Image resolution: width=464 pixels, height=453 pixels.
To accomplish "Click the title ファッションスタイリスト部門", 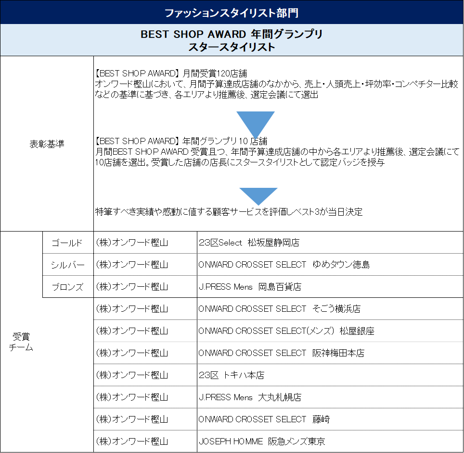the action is pyautogui.click(x=232, y=13).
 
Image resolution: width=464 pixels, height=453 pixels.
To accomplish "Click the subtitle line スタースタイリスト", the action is pyautogui.click(x=232, y=47).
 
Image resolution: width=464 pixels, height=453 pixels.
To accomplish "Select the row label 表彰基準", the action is pyautogui.click(x=47, y=144).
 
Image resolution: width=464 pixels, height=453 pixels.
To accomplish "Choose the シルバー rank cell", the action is pyautogui.click(x=67, y=265).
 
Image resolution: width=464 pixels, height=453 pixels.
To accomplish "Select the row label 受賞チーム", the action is pyautogui.click(x=21, y=342).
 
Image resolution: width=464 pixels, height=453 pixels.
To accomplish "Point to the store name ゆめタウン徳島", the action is pyautogui.click(x=341, y=265).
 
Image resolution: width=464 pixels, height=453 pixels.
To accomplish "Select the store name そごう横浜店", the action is pyautogui.click(x=336, y=309).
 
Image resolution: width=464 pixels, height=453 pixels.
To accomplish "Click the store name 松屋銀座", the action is pyautogui.click(x=357, y=331).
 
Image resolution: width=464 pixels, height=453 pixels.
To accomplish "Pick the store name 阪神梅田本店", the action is pyautogui.click(x=338, y=353).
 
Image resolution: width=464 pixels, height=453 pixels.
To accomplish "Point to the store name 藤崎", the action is pyautogui.click(x=321, y=419).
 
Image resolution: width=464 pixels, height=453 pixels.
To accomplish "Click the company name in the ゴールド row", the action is pyautogui.click(x=132, y=243).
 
